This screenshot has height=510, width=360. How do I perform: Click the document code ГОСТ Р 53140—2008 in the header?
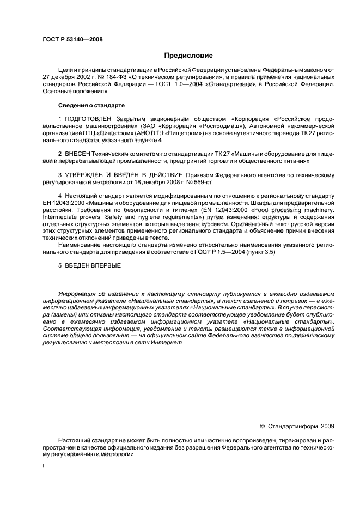point(72,39)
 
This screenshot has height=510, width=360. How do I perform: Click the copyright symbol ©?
point(263,425)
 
